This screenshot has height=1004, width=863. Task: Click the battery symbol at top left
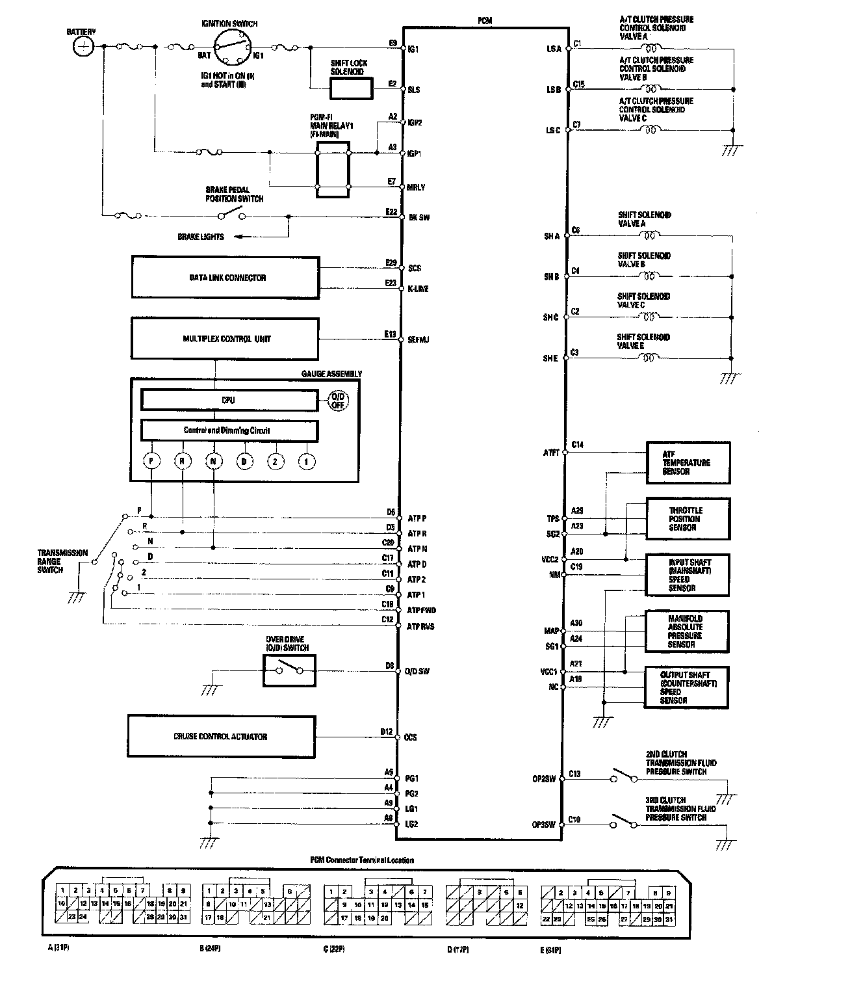83,46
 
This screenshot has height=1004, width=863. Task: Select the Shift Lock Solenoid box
352,88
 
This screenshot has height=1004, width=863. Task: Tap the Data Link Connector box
225,278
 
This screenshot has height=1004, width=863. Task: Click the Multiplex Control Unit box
225,339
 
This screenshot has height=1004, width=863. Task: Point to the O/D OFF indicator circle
338,401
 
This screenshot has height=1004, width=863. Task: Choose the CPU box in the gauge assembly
229,400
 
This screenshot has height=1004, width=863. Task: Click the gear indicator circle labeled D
244,461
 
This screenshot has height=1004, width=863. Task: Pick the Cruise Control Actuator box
222,737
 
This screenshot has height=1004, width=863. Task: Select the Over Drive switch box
289,670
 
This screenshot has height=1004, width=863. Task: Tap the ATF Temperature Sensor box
688,462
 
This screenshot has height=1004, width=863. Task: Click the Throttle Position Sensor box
688,518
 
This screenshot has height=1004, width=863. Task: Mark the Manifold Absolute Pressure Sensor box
686,631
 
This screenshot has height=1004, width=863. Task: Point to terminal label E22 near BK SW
391,212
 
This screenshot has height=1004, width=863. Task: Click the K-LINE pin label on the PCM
419,289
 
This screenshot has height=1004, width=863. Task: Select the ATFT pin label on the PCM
551,453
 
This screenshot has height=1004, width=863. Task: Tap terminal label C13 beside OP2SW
574,774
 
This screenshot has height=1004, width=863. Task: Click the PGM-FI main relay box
333,170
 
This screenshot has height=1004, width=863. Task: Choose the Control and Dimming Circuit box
229,430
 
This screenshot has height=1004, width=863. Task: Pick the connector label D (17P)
459,949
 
